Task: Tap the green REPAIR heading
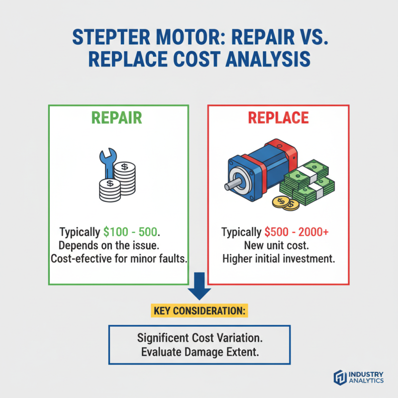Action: tap(118, 118)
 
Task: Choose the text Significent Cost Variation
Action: tap(199, 337)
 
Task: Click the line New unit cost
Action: tap(278, 245)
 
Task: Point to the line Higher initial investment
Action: tap(278, 259)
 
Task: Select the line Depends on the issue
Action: tap(118, 245)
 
